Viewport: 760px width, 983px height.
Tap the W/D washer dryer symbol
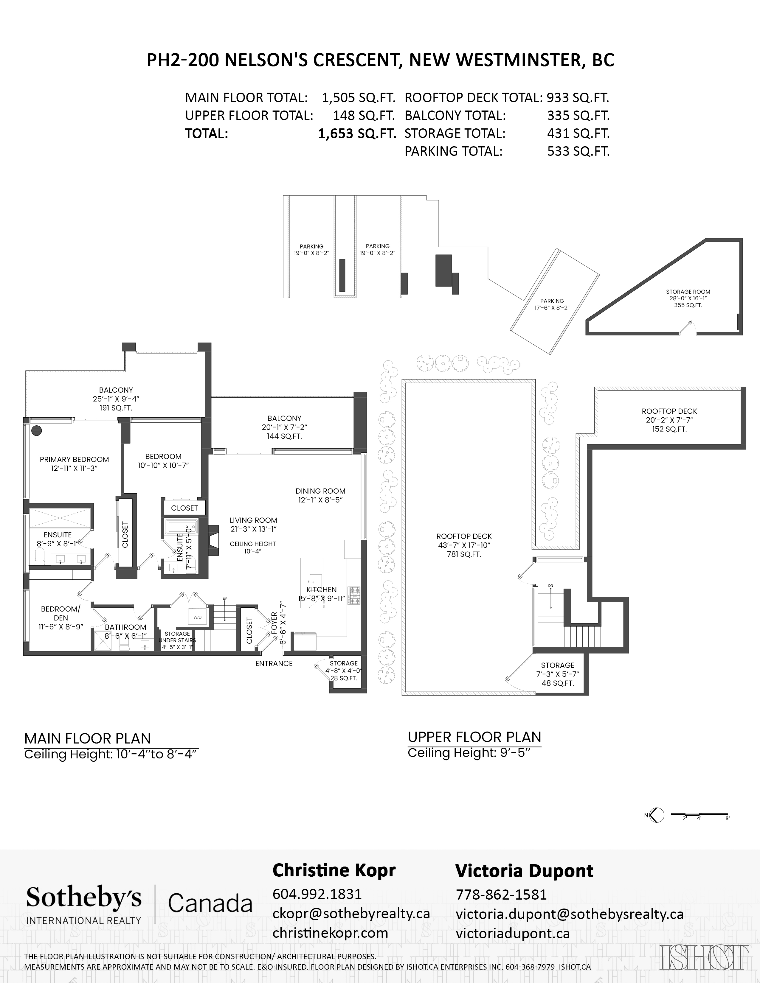[198, 617]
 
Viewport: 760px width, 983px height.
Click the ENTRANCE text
[274, 663]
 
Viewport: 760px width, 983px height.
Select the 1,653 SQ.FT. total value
[357, 134]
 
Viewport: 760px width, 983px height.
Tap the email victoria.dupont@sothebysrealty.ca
[570, 914]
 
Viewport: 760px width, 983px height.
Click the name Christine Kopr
[334, 870]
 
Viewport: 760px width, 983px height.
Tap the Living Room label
[254, 524]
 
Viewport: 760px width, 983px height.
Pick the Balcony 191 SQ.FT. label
[116, 399]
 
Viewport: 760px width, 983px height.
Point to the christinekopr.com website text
[331, 933]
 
